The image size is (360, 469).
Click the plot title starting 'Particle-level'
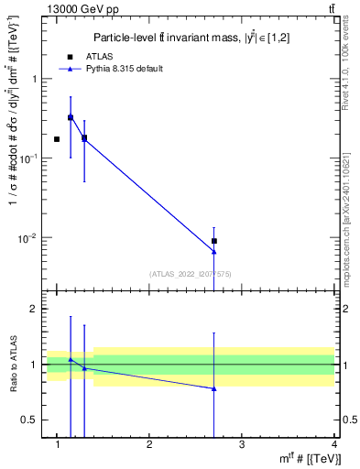coord(190,38)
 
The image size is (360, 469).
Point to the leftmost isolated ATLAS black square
coord(57,139)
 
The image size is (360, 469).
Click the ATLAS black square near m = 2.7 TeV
coord(214,241)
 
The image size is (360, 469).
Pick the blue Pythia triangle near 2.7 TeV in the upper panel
coord(214,252)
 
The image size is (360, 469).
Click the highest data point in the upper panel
coord(71,117)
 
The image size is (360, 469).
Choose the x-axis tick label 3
coord(242,444)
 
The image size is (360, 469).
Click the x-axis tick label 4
coord(333,444)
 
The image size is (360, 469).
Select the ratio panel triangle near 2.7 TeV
coord(214,388)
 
